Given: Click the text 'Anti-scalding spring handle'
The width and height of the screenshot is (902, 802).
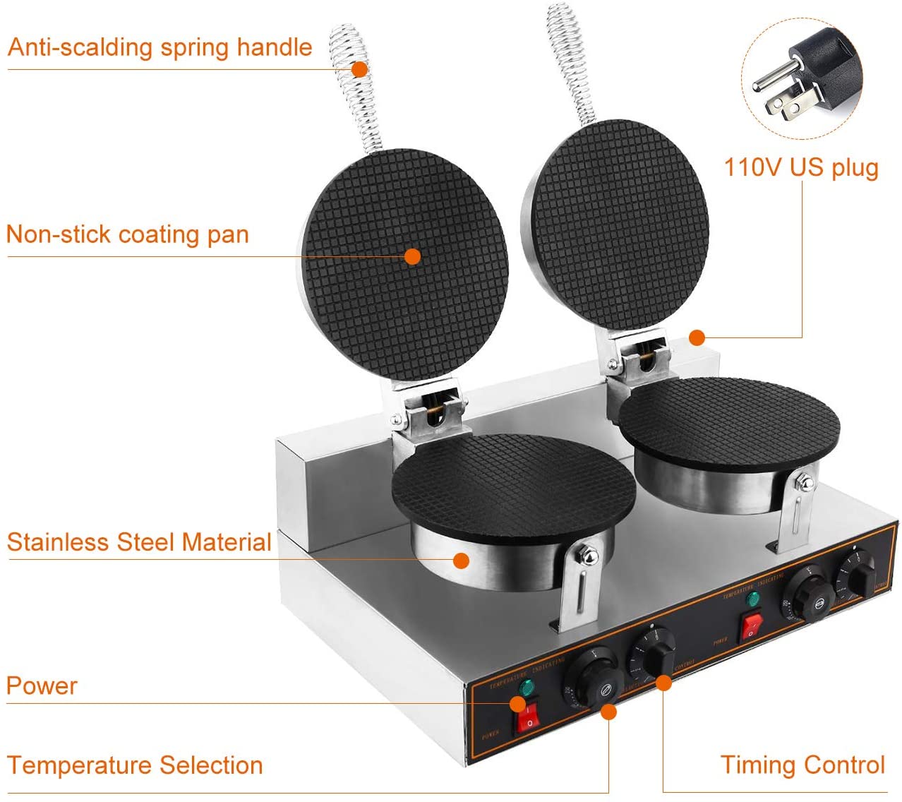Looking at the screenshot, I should [x=160, y=47].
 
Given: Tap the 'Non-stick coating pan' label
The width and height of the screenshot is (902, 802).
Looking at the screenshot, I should [x=128, y=234].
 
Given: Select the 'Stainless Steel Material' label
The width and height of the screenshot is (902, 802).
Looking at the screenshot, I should [x=139, y=541].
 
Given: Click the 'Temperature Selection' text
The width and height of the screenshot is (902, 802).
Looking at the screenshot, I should [x=135, y=765].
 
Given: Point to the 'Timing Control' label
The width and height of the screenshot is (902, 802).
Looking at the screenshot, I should [x=802, y=764].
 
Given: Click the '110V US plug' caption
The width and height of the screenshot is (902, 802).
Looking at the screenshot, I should [x=801, y=167].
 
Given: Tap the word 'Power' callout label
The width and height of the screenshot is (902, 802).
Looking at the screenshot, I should [x=42, y=685].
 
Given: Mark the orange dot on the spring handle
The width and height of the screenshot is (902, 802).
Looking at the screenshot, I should [x=359, y=69].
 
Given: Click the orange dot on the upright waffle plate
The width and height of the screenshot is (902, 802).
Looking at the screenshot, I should [x=413, y=256].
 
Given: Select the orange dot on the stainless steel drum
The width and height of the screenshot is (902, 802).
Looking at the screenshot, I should [x=461, y=561].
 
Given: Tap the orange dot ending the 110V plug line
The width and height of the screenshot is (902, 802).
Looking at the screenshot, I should [x=697, y=337].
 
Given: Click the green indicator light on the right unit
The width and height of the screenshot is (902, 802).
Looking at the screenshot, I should [x=753, y=599].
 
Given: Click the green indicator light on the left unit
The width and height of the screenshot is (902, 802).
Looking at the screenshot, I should [x=526, y=688].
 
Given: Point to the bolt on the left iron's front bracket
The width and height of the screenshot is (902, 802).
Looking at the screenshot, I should [x=585, y=556].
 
